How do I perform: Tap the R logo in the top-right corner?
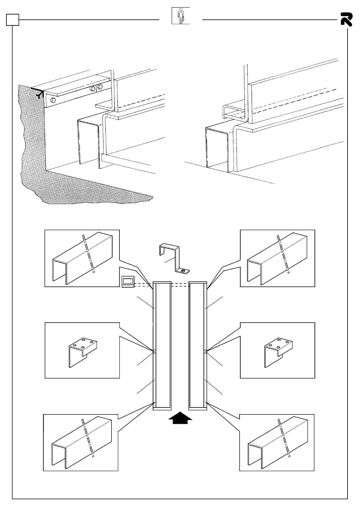click(x=346, y=19)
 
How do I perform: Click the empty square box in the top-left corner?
click(x=12, y=19)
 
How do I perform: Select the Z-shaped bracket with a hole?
click(x=174, y=257)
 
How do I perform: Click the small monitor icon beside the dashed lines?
click(x=127, y=281)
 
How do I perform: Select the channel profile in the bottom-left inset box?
click(x=81, y=442)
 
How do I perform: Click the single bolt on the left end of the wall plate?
click(x=53, y=100)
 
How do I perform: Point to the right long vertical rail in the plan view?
click(x=197, y=345)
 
